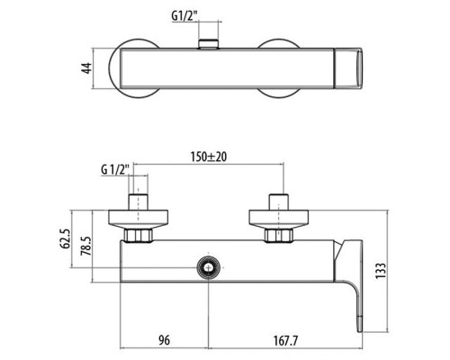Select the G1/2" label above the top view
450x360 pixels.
[211, 15]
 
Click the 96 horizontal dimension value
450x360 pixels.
[166, 341]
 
